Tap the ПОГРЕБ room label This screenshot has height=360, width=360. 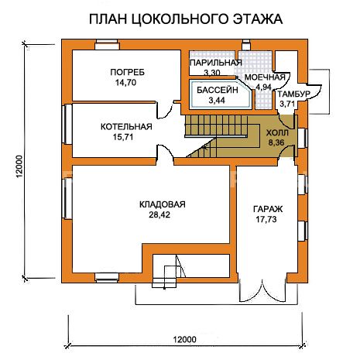click(x=127, y=72)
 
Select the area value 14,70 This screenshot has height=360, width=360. click(x=125, y=83)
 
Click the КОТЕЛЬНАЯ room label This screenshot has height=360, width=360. click(x=126, y=127)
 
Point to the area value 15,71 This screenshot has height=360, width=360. click(x=123, y=137)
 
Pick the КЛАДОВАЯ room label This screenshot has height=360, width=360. click(x=163, y=204)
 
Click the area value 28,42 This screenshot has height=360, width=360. click(x=159, y=214)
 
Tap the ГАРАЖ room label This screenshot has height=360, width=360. click(x=268, y=209)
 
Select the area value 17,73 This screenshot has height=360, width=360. click(x=266, y=219)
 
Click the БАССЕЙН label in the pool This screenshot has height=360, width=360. click(x=218, y=90)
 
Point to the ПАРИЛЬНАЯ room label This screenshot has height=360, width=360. click(x=216, y=63)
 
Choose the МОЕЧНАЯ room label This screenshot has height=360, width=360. click(x=265, y=77)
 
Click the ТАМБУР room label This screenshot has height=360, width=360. click(x=293, y=94)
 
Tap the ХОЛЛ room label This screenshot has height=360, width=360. click(x=277, y=133)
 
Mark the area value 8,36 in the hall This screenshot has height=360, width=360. click(x=276, y=142)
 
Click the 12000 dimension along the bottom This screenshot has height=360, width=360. click(x=184, y=339)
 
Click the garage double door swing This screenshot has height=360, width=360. click(x=262, y=290)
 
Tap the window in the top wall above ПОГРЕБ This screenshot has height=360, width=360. click(x=107, y=45)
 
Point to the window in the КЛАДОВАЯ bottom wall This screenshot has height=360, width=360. click(x=107, y=278)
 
